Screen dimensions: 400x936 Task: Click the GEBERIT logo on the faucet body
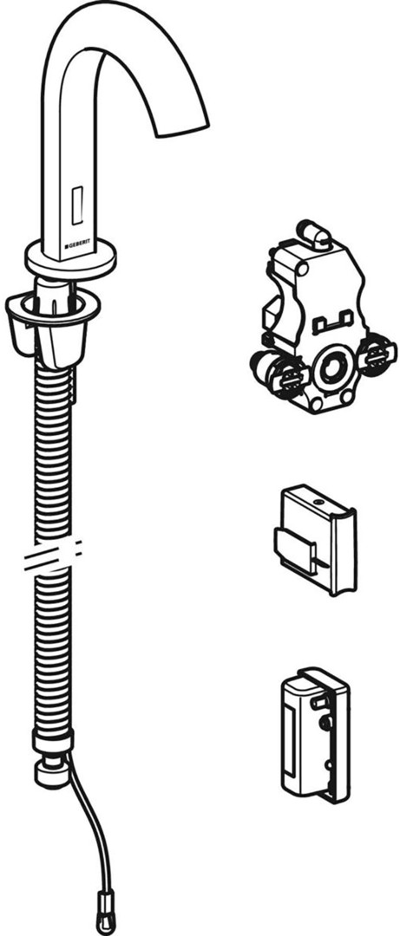(x=80, y=244)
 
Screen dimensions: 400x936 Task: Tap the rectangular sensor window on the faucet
(x=77, y=205)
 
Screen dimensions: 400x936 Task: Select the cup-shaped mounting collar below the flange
(x=53, y=322)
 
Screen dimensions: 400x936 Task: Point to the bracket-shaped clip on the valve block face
(x=334, y=322)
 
